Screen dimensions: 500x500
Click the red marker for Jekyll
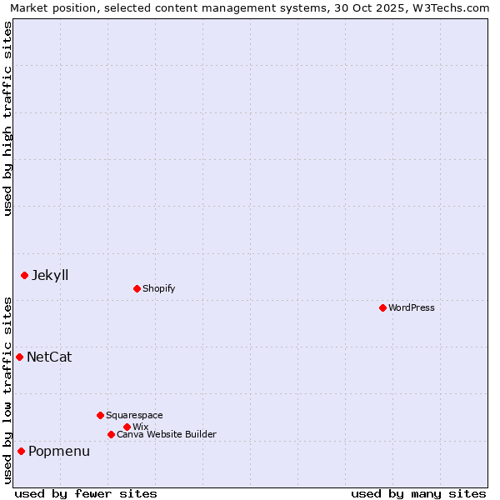[x=24, y=275]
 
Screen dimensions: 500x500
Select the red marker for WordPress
[x=382, y=307]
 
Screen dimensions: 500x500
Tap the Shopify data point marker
[x=137, y=288]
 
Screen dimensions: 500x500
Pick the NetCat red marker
[x=19, y=357]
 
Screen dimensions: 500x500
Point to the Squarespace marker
[x=100, y=415]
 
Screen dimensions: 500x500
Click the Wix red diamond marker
[x=127, y=427]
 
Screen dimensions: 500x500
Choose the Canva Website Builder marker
[x=111, y=434]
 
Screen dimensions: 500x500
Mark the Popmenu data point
[x=21, y=451]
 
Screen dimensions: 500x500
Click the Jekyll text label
[x=50, y=275]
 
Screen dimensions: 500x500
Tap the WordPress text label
[x=412, y=307]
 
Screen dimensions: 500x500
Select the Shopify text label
[x=159, y=288]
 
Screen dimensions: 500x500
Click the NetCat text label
[x=49, y=357]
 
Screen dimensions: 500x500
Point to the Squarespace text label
[x=135, y=415]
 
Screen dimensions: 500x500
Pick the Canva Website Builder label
[x=167, y=434]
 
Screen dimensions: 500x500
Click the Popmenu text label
[x=59, y=451]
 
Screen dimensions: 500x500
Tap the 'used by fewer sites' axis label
[x=86, y=493]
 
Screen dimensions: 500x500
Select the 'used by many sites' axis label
[x=418, y=493]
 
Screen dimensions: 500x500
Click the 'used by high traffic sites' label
[x=7, y=118]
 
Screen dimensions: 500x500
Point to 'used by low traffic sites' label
[x=7, y=390]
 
